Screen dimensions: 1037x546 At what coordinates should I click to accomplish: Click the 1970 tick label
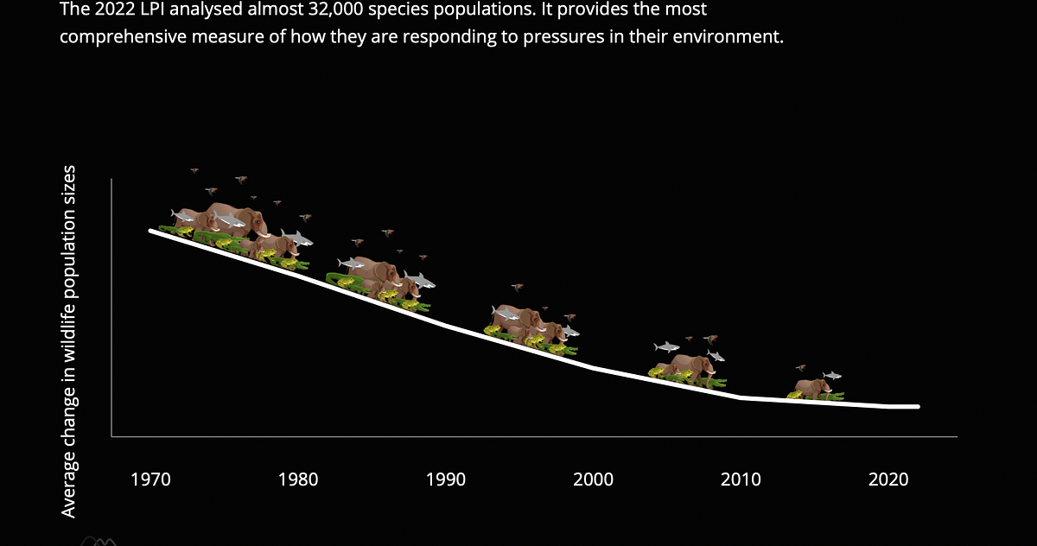(150, 479)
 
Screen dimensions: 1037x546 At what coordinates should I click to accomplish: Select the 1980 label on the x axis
(297, 479)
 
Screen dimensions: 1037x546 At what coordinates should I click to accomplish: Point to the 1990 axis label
(445, 479)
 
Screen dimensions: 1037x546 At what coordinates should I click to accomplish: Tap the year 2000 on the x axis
(593, 479)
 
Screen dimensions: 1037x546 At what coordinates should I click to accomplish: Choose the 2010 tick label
(741, 479)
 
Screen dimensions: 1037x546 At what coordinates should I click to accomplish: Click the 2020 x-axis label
(888, 479)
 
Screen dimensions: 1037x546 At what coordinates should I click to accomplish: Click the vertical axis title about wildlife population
(68, 341)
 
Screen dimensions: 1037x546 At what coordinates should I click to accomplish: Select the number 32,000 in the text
(335, 10)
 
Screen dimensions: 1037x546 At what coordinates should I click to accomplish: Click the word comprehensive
(123, 36)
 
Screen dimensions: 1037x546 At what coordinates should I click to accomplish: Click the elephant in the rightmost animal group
(812, 389)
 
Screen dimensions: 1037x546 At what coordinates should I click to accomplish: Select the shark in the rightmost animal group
(832, 375)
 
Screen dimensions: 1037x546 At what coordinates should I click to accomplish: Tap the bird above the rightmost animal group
(801, 368)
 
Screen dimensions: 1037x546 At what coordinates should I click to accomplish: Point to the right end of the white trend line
(918, 407)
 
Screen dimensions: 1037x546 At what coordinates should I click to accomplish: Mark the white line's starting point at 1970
(150, 231)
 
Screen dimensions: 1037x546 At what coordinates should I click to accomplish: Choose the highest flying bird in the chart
(194, 170)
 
